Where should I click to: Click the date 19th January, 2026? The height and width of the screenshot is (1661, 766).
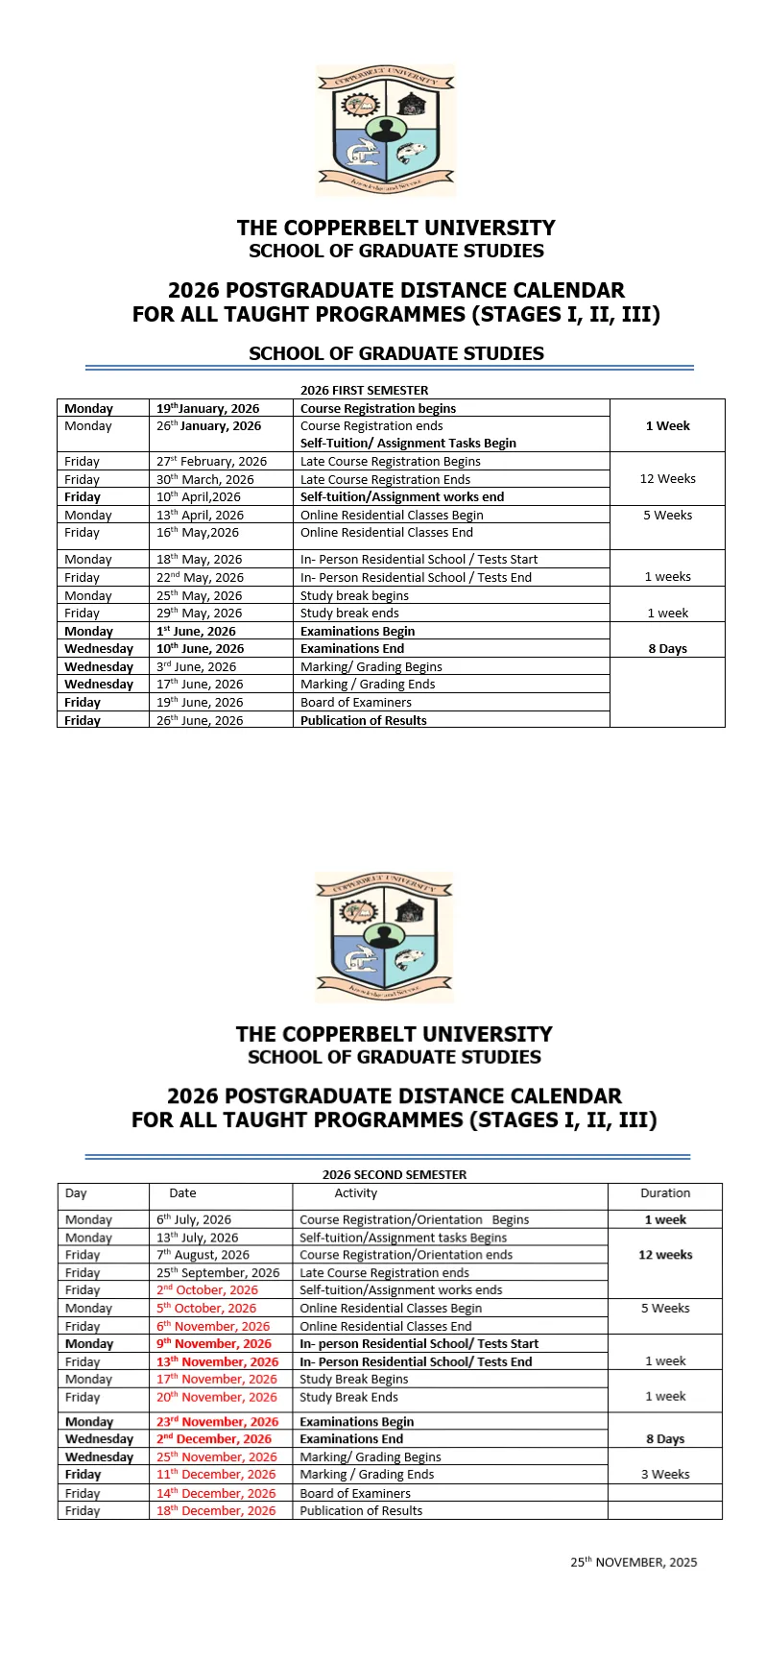tap(207, 408)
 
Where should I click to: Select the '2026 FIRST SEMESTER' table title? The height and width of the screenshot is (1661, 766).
tap(364, 390)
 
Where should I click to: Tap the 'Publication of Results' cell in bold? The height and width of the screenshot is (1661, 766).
tap(363, 720)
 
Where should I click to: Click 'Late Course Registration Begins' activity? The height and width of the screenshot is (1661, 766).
tap(390, 461)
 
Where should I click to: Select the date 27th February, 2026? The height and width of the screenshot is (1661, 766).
tap(211, 461)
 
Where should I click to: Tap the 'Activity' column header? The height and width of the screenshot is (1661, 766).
tap(355, 1192)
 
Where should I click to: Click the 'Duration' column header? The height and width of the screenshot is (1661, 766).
tap(664, 1192)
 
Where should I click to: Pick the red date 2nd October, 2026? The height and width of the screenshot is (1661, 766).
tap(207, 1289)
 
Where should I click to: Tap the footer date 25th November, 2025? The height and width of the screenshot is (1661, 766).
tap(634, 1562)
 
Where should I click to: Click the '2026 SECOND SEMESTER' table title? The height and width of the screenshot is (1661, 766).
tap(394, 1174)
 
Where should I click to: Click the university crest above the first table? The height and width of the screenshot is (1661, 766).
tap(385, 130)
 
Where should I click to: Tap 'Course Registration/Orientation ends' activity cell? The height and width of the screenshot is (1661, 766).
tap(405, 1254)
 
